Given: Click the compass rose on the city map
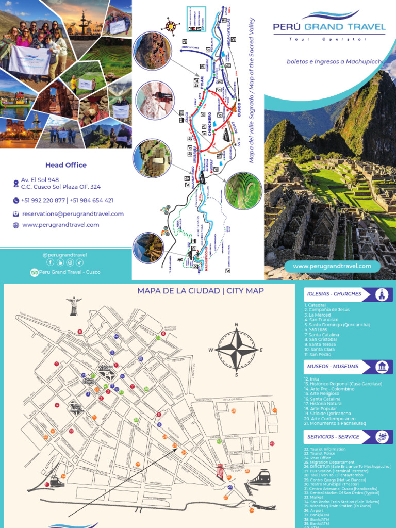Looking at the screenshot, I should pyautogui.click(x=236, y=350).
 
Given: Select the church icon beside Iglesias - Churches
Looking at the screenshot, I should pyautogui.click(x=382, y=294).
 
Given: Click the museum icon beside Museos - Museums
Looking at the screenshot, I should pyautogui.click(x=382, y=367).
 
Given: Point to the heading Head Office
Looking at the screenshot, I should pyautogui.click(x=65, y=165).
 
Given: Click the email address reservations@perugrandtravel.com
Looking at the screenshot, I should pyautogui.click(x=73, y=213).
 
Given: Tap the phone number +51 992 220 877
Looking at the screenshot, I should pyautogui.click(x=43, y=200).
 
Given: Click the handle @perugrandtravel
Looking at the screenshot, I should pyautogui.click(x=65, y=254).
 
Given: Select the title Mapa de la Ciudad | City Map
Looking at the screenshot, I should pyautogui.click(x=201, y=291).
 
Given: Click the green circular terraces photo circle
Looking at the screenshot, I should pyautogui.click(x=243, y=190).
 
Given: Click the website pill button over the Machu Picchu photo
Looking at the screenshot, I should pyautogui.click(x=332, y=266).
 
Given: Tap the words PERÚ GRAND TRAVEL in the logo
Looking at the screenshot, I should pyautogui.click(x=329, y=27).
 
